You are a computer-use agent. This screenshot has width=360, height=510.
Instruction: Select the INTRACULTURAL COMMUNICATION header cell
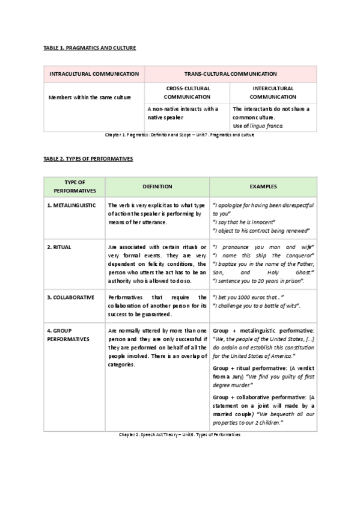(x=94, y=74)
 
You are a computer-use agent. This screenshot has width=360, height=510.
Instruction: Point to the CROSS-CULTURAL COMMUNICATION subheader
(x=187, y=92)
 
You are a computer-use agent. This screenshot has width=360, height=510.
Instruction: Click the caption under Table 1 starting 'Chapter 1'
(x=180, y=135)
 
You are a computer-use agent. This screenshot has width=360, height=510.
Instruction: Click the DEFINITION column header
(x=157, y=186)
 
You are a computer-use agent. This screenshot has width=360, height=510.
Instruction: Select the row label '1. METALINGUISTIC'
(x=71, y=206)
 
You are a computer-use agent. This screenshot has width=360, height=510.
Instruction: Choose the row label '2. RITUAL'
(x=58, y=247)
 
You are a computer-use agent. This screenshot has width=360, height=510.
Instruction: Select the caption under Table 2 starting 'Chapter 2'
(x=180, y=434)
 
